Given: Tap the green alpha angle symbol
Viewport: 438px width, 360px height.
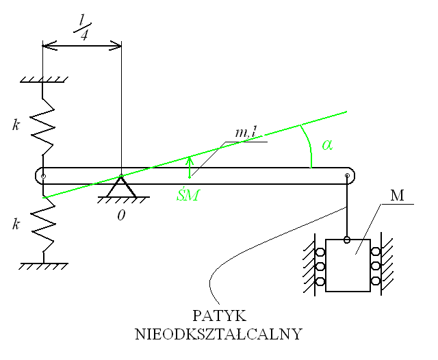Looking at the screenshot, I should [326, 145].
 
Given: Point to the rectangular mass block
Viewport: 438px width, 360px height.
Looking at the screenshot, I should [348, 266].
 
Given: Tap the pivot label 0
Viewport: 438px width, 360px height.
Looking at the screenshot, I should [120, 215].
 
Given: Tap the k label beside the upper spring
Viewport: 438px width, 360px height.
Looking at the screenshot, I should [15, 125].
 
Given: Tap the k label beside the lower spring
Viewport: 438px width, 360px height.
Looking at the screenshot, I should [15, 224].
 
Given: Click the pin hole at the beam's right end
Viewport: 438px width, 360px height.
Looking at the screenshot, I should [347, 177].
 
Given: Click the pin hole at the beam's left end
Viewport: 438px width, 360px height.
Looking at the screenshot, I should [43, 177].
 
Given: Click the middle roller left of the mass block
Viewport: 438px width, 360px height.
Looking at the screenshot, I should [320, 267].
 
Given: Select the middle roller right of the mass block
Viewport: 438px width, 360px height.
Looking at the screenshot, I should [376, 267].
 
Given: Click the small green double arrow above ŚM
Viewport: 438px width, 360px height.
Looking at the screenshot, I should [190, 167].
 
